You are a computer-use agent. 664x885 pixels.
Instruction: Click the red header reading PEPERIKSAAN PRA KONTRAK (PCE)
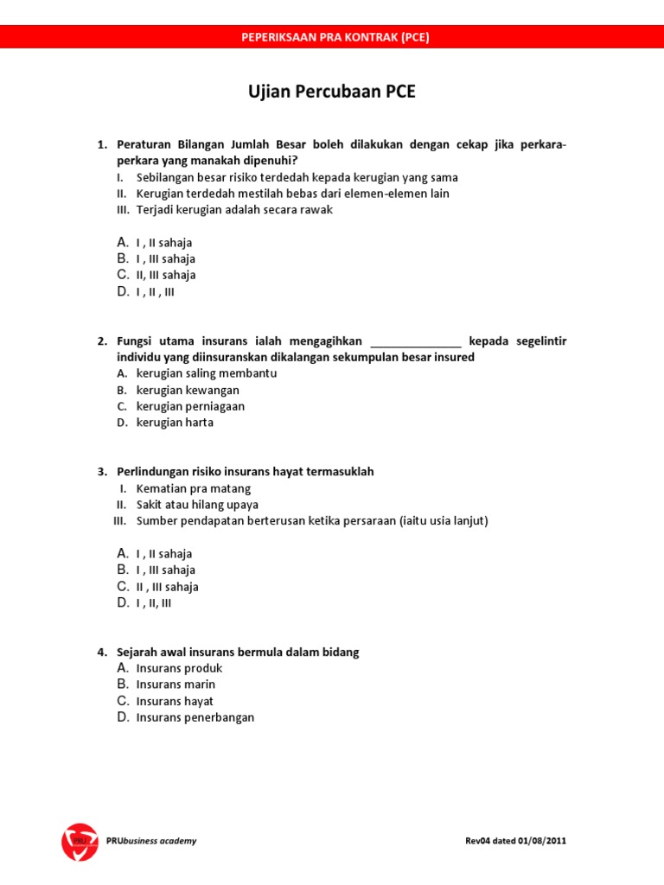pyautogui.click(x=332, y=37)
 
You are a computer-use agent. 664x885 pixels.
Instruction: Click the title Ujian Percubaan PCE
pyautogui.click(x=332, y=92)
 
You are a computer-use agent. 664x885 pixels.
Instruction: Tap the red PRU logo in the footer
pyautogui.click(x=80, y=841)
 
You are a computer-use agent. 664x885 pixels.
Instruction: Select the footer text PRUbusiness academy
pyautogui.click(x=151, y=841)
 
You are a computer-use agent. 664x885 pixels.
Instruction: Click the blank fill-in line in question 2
pyautogui.click(x=416, y=342)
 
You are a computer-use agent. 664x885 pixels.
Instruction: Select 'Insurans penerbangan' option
pyautogui.click(x=195, y=717)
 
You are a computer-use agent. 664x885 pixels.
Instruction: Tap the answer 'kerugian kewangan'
pyautogui.click(x=188, y=390)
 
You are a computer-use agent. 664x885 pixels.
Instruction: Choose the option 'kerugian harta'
pyautogui.click(x=175, y=423)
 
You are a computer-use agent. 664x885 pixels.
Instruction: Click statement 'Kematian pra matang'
pyautogui.click(x=186, y=488)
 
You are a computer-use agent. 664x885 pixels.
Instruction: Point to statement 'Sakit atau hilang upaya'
pyautogui.click(x=197, y=505)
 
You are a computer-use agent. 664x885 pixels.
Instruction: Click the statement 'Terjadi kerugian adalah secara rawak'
pyautogui.click(x=234, y=210)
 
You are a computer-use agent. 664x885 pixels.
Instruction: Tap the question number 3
pyautogui.click(x=101, y=472)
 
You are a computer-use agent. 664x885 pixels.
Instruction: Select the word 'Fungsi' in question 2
pyautogui.click(x=135, y=341)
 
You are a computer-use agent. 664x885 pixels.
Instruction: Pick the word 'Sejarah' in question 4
pyautogui.click(x=138, y=653)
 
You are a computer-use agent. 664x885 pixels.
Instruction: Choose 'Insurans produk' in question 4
pyautogui.click(x=179, y=668)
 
